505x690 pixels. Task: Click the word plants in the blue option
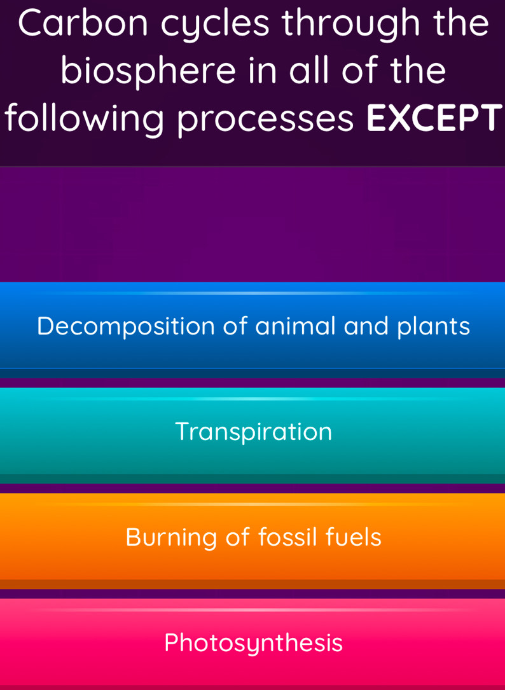coord(434,327)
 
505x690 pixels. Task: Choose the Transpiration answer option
coord(253,432)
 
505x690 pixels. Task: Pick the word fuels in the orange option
coord(354,537)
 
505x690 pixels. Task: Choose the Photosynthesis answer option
coord(253,643)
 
